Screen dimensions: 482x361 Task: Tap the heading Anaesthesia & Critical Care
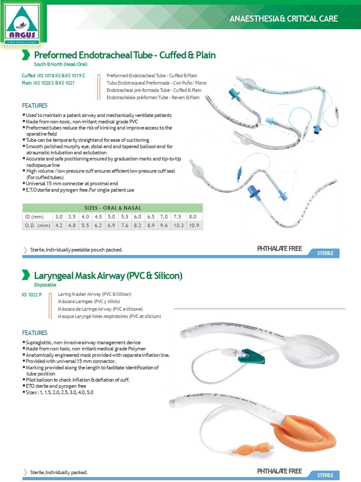283,19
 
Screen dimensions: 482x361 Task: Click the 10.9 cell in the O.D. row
194,225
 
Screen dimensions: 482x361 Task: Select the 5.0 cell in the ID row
111,216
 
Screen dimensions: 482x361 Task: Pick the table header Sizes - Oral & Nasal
112,208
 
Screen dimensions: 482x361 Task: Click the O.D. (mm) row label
38,225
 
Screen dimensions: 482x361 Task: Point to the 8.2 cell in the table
138,225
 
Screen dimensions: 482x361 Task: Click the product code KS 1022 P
32,295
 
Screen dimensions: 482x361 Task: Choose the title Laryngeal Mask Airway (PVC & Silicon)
108,275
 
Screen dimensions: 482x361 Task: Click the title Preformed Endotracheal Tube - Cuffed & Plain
125,55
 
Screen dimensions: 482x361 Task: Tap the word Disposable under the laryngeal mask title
45,285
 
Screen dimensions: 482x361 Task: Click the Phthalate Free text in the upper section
279,249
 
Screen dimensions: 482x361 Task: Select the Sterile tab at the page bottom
325,475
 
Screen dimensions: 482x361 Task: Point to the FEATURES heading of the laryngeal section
35,333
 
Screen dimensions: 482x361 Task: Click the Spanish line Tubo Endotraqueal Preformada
156,83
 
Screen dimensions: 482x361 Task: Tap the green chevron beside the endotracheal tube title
26,55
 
